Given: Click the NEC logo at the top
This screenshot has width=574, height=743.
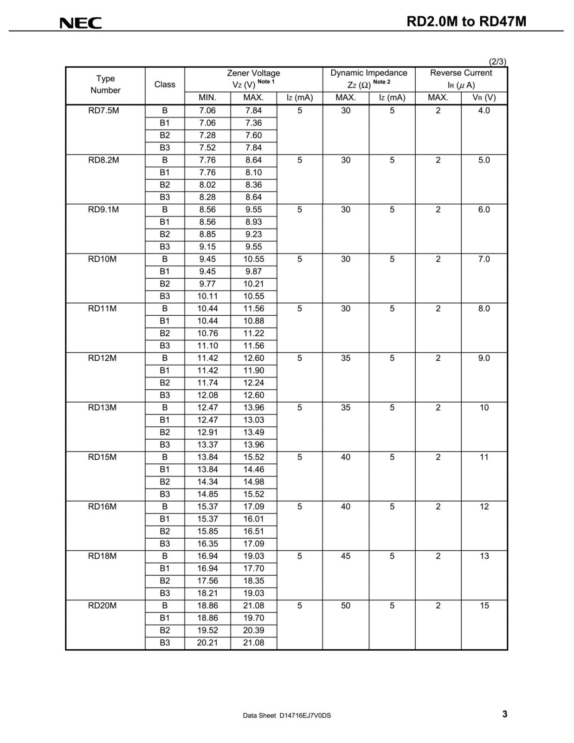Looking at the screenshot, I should (80, 23).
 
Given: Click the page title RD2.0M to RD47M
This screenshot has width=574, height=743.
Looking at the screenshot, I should (466, 22).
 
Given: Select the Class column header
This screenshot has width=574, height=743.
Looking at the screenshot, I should (165, 85).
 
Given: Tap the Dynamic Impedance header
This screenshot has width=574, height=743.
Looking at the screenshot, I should (368, 73).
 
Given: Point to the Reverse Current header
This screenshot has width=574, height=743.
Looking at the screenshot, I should (461, 73).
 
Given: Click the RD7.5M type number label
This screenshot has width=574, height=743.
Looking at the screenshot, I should (103, 111).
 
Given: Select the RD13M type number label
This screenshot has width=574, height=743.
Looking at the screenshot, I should (102, 408).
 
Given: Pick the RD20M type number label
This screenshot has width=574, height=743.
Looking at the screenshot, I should (102, 606).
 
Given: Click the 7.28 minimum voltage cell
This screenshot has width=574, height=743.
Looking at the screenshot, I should (207, 135).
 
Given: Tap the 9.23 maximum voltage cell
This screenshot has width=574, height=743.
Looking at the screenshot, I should (253, 235).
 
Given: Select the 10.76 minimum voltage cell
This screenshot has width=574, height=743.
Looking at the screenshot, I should (207, 333).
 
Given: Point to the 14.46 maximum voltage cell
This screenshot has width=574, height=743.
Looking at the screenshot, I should (253, 469).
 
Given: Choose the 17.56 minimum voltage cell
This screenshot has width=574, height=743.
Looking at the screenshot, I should (207, 581).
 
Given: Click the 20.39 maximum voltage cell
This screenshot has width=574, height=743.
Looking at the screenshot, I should (253, 630).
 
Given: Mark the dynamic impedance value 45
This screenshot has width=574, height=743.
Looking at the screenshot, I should (346, 556).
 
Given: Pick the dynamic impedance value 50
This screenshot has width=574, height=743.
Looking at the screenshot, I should (346, 606).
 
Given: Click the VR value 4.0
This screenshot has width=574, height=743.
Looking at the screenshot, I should (484, 111).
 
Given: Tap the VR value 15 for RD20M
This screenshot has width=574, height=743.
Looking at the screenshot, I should (484, 606).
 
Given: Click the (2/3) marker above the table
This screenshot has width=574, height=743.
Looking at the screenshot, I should (497, 61).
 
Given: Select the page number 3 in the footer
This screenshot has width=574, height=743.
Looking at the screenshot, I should (505, 714).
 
